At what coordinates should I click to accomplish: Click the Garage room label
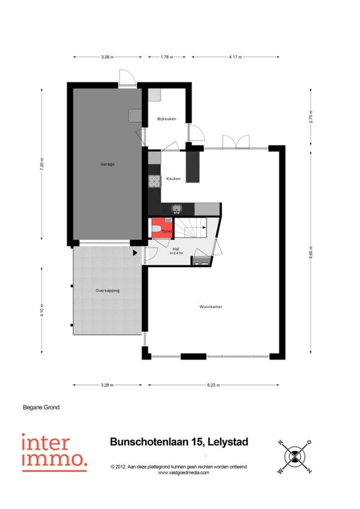[107, 164]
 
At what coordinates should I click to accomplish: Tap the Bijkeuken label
[167, 119]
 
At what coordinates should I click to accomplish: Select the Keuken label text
[173, 178]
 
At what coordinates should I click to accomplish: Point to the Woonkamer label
[211, 307]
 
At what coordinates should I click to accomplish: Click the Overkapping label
[107, 291]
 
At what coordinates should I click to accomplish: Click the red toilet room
[161, 228]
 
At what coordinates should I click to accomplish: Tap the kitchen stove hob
[155, 181]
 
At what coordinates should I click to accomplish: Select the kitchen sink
[176, 208]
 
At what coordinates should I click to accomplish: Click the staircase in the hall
[191, 227]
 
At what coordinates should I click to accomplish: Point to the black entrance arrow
[135, 253]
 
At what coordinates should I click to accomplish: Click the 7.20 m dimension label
[42, 164]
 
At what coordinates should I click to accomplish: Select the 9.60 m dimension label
[311, 252]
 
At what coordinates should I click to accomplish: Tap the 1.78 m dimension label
[167, 57]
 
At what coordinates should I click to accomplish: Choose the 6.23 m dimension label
[213, 385]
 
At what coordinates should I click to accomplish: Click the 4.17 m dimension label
[235, 57]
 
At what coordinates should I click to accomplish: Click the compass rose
[295, 456]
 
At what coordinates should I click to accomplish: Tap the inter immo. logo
[54, 453]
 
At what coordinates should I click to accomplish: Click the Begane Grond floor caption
[41, 407]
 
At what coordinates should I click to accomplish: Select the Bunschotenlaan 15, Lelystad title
[179, 442]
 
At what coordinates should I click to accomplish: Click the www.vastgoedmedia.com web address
[184, 472]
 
